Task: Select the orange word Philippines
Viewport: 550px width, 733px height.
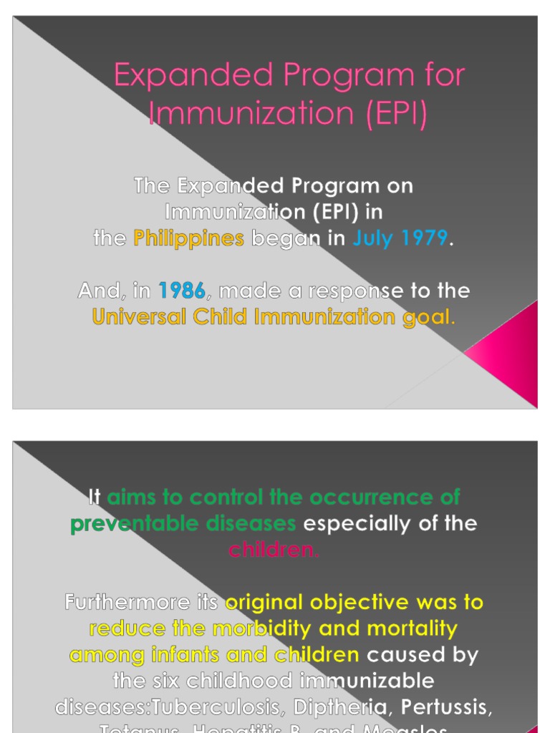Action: coord(189,238)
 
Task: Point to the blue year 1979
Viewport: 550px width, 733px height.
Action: coord(423,238)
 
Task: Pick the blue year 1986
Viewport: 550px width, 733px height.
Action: coord(181,291)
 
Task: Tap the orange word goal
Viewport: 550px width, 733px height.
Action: coord(428,317)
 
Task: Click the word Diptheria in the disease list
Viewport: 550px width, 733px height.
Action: coord(333,707)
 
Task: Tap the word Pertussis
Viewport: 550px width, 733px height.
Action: coord(446,707)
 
